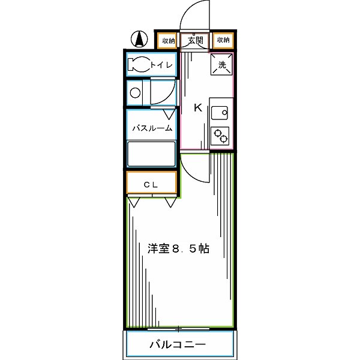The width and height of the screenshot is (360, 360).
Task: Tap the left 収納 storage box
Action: pyautogui.click(x=167, y=40)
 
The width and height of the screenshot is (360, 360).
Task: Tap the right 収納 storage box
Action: pyautogui.click(x=223, y=40)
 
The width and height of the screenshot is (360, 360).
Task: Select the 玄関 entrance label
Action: pyautogui.click(x=195, y=40)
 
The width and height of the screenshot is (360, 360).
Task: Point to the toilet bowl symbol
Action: pyautogui.click(x=138, y=65)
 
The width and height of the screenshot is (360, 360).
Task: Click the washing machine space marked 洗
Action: pyautogui.click(x=221, y=65)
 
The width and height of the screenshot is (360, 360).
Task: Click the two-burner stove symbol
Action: pyautogui.click(x=220, y=136)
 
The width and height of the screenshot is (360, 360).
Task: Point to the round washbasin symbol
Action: pyautogui.click(x=136, y=93)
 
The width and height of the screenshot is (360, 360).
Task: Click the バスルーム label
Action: pyautogui.click(x=152, y=128)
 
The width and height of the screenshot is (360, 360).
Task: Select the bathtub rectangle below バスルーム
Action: pyautogui.click(x=151, y=154)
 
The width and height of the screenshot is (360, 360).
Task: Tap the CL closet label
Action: pyautogui.click(x=151, y=185)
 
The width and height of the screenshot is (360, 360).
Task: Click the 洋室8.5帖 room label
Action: pyautogui.click(x=178, y=248)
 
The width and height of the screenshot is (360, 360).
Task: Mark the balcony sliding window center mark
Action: pyautogui.click(x=179, y=328)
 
